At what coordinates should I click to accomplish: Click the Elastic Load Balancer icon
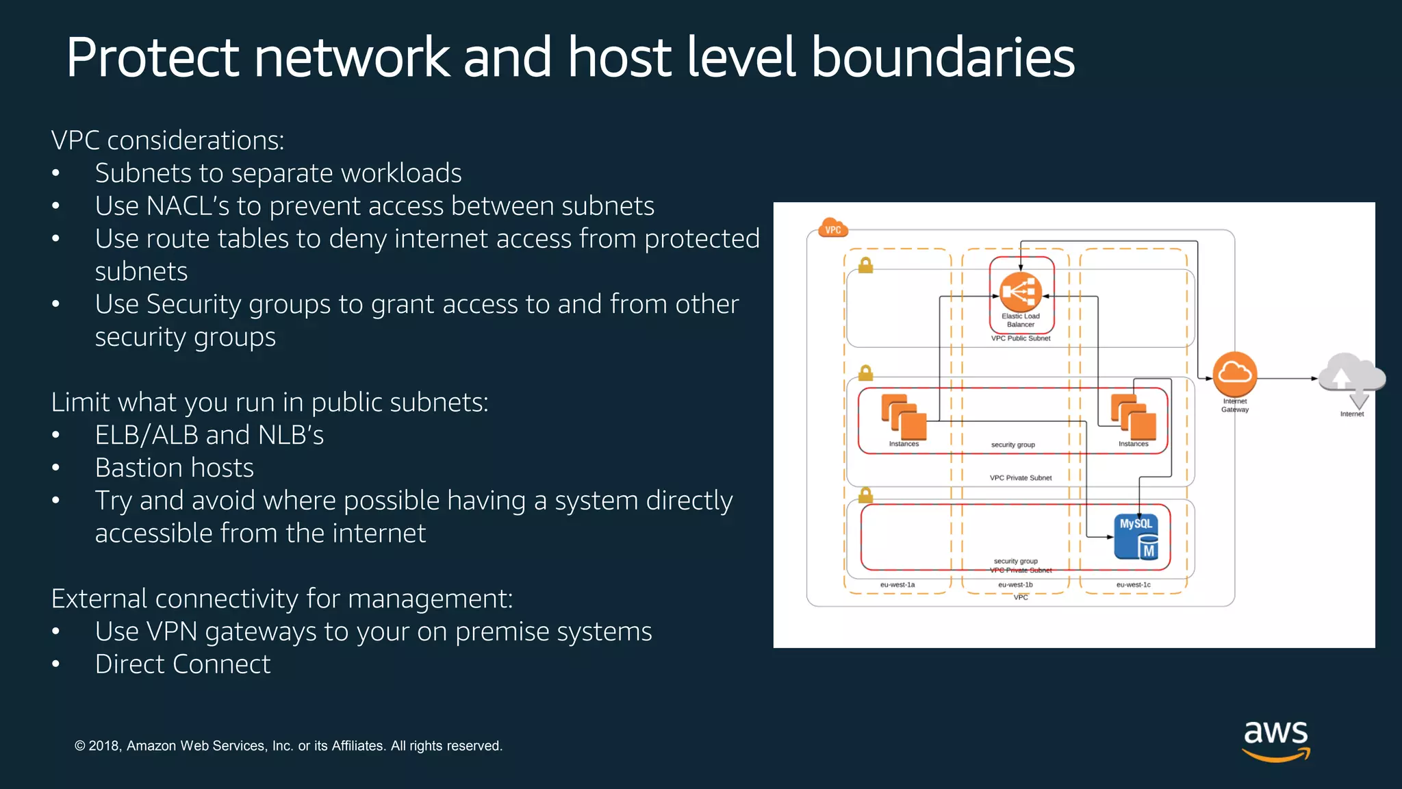click(x=1021, y=292)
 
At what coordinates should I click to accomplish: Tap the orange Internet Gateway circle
click(x=1235, y=374)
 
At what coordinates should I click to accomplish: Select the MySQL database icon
click(x=1136, y=536)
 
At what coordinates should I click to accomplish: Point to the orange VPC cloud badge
click(x=833, y=229)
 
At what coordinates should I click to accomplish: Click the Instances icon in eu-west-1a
click(x=904, y=417)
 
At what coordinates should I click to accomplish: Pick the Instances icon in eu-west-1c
click(x=1134, y=417)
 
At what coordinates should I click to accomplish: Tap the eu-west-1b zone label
click(x=1015, y=585)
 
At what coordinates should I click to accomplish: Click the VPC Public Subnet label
click(x=1021, y=338)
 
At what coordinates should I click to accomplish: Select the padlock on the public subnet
click(x=865, y=265)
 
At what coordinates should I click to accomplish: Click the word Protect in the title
click(x=153, y=58)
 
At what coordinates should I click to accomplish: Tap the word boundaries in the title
click(x=943, y=58)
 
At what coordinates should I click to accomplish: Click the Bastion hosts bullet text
click(x=175, y=468)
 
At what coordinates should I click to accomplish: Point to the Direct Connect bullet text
click(x=183, y=664)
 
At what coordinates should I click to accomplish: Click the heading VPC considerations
click(x=168, y=140)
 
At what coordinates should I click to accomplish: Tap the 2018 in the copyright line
click(x=105, y=746)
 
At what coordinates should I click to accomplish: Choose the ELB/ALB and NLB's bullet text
click(x=209, y=435)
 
